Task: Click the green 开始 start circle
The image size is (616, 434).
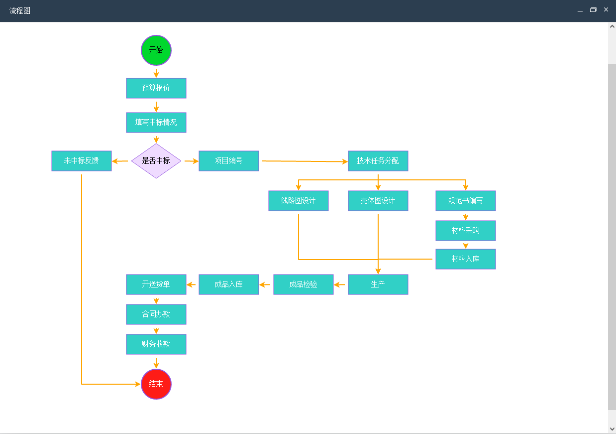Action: [x=156, y=50]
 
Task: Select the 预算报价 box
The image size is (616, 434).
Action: [x=156, y=88]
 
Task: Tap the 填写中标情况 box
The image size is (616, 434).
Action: [x=156, y=123]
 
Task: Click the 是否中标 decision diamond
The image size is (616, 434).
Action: [x=156, y=161]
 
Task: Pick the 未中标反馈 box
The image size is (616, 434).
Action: [x=82, y=161]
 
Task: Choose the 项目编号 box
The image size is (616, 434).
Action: [x=229, y=161]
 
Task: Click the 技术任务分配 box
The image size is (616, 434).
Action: [x=378, y=161]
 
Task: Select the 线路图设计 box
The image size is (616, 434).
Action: [x=299, y=201]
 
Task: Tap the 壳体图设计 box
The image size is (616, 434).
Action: [x=378, y=201]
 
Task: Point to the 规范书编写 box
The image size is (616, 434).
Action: [x=466, y=201]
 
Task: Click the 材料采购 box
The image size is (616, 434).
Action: [x=466, y=231]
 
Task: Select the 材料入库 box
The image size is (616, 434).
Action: [x=466, y=259]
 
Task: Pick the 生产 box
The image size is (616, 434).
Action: [x=378, y=285]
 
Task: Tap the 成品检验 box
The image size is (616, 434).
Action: [x=304, y=285]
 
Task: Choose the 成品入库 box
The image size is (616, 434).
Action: [x=229, y=285]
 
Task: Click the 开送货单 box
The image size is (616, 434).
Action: [x=156, y=285]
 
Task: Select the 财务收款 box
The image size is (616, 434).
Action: [x=156, y=344]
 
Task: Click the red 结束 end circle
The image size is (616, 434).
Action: [x=156, y=384]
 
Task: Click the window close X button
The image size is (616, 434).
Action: [x=606, y=9]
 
